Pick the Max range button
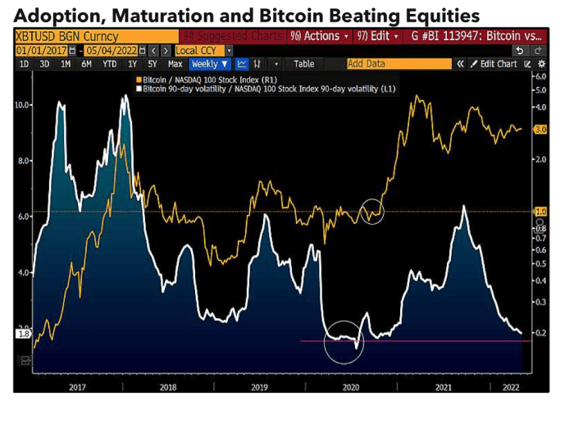pos(175,64)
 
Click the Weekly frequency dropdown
pos(210,64)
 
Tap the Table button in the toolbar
pos(304,64)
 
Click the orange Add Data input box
pos(398,64)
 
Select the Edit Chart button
pos(497,64)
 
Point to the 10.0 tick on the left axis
pos(24,105)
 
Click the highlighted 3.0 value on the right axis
pos(540,130)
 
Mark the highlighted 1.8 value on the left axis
pos(23,334)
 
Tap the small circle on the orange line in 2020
pos(371,211)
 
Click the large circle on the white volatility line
pos(344,342)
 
